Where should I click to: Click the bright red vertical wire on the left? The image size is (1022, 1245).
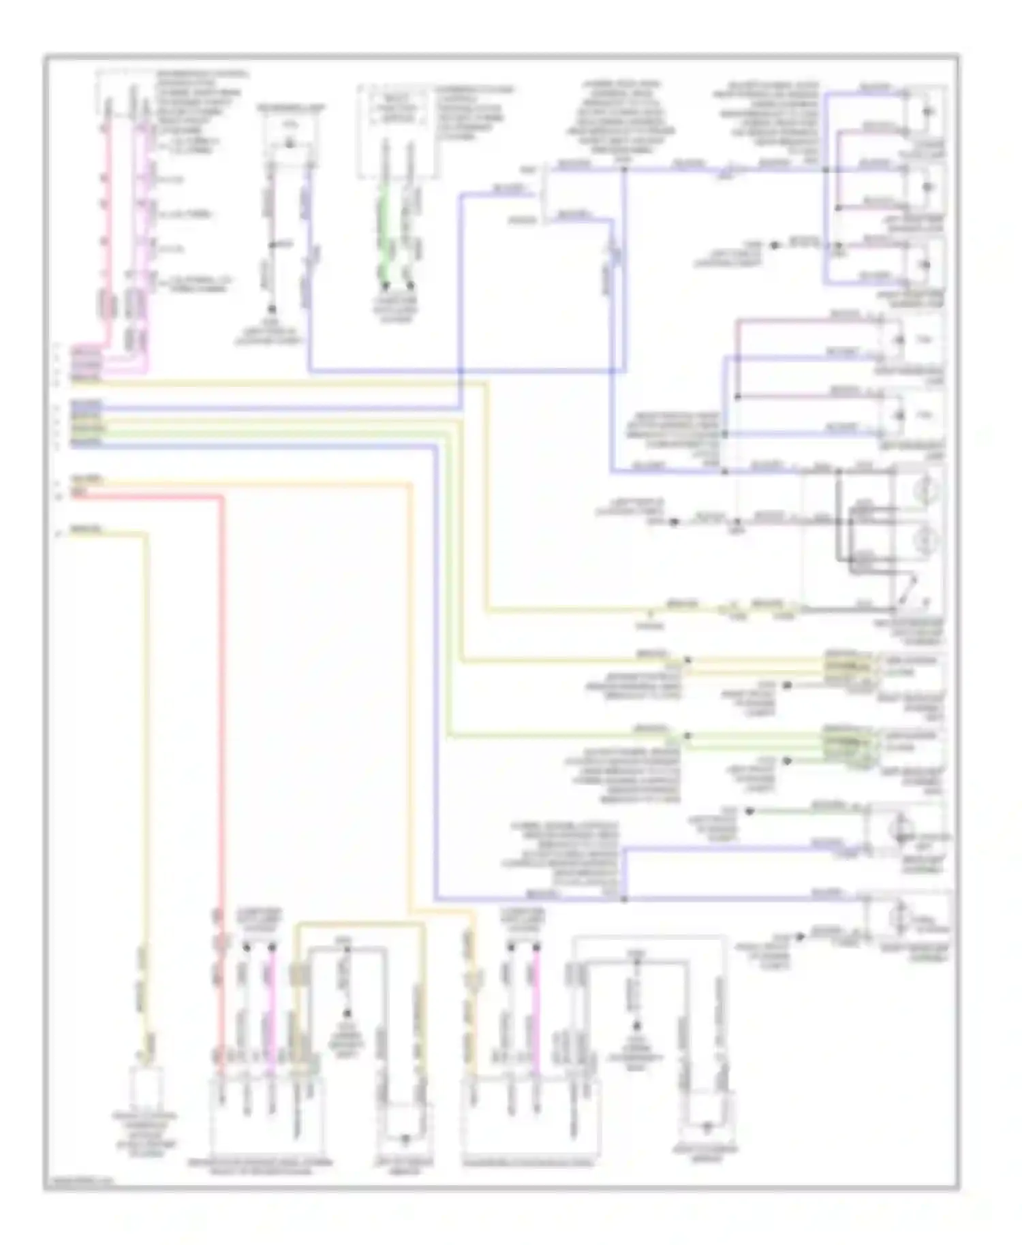[x=221, y=681]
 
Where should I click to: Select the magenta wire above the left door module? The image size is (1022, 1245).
[x=271, y=994]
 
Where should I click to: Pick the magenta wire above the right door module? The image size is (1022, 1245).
[x=536, y=994]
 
